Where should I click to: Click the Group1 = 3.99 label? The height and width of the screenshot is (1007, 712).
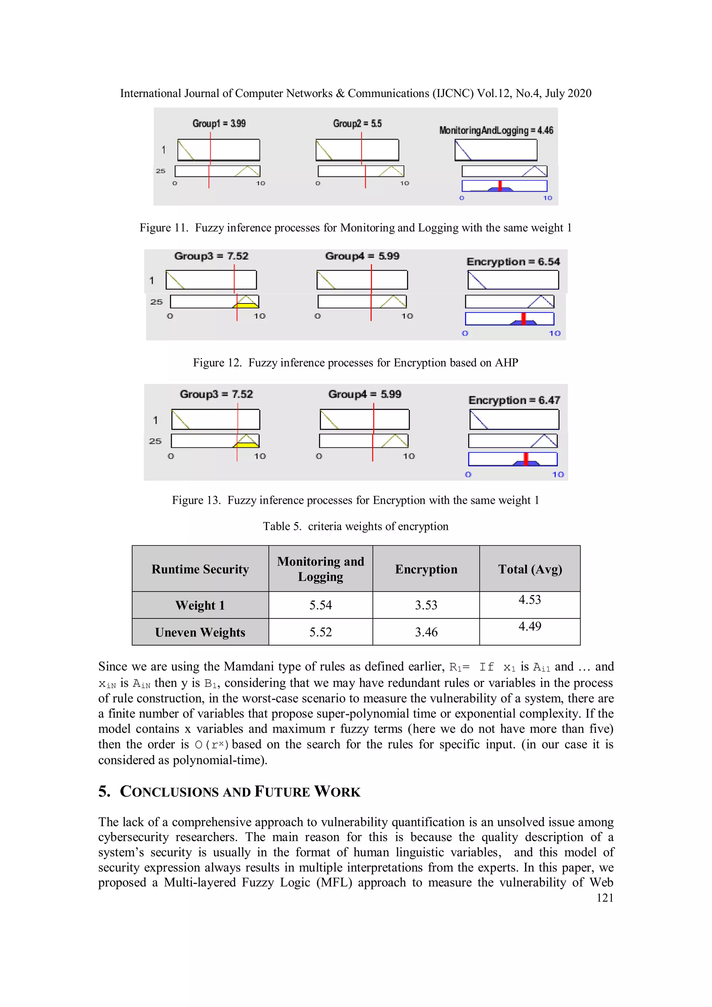(x=219, y=123)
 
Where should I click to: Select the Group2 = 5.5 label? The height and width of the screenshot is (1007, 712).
(x=357, y=123)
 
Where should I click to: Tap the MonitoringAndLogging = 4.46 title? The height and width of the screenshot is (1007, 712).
(x=496, y=130)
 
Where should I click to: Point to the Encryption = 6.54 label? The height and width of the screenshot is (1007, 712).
(x=513, y=262)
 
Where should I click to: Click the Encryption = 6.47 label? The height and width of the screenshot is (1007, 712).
(x=514, y=400)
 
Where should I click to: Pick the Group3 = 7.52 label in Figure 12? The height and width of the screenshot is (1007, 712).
(x=211, y=256)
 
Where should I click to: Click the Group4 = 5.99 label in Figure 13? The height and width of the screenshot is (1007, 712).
(x=365, y=394)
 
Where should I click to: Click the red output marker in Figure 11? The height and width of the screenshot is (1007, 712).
(x=500, y=186)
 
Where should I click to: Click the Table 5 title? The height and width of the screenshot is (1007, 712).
(x=355, y=526)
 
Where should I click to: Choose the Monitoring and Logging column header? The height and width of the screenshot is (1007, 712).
(x=320, y=569)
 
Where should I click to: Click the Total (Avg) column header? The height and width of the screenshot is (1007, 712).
(x=529, y=569)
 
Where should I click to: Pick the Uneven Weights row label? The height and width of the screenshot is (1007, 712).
(x=200, y=632)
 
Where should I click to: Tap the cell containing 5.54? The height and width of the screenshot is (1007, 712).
(x=320, y=605)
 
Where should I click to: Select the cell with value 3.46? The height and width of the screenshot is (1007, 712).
(x=426, y=632)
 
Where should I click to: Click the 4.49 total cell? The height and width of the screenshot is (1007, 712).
(x=529, y=626)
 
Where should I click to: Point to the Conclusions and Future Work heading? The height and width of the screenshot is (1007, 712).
(x=229, y=791)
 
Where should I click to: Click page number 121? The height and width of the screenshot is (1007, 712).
(x=605, y=898)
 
